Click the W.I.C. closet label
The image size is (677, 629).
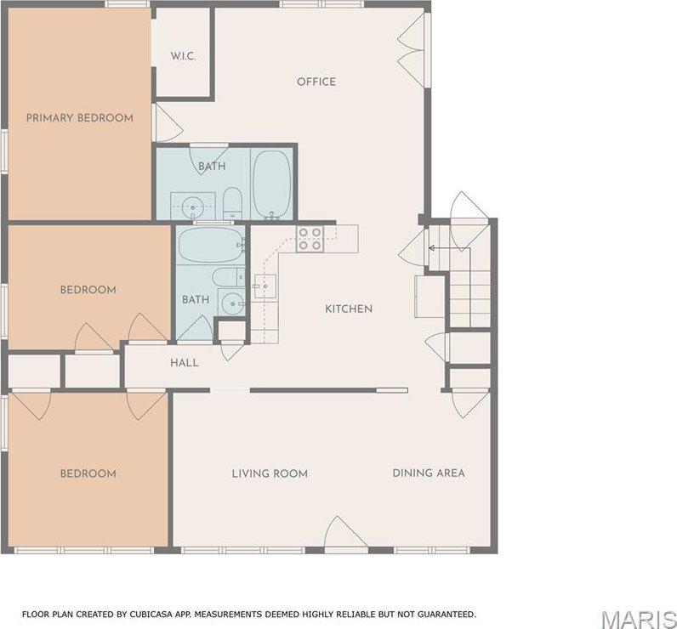pyautogui.click(x=183, y=56)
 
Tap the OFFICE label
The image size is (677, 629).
pyautogui.click(x=316, y=82)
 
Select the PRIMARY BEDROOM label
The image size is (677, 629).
pyautogui.click(x=80, y=118)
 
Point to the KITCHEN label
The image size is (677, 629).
pyautogui.click(x=349, y=309)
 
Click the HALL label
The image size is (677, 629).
pyautogui.click(x=185, y=363)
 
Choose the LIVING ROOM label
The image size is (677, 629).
pyautogui.click(x=270, y=473)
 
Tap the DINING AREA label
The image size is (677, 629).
pyautogui.click(x=429, y=473)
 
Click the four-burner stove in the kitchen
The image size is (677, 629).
pyautogui.click(x=310, y=239)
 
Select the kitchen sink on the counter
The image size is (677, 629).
pyautogui.click(x=265, y=286)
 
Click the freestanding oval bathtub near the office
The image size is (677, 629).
pyautogui.click(x=271, y=184)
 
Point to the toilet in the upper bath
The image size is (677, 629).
pyautogui.click(x=232, y=203)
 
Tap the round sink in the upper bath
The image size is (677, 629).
pyautogui.click(x=192, y=207)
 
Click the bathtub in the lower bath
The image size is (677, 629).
pyautogui.click(x=211, y=245)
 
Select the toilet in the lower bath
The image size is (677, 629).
pyautogui.click(x=229, y=277)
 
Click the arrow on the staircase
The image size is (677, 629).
pyautogui.click(x=449, y=248)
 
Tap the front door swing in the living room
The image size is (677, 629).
pyautogui.click(x=346, y=534)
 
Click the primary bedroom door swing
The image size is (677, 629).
pyautogui.click(x=168, y=123)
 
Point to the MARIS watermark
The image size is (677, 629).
pyautogui.click(x=639, y=620)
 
